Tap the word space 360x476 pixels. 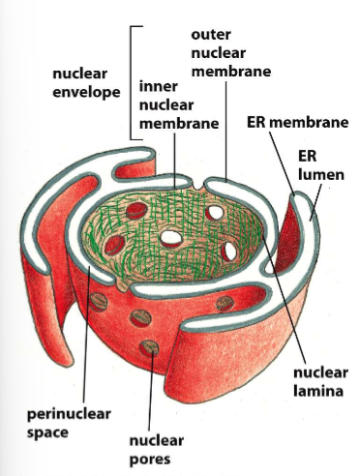point(42,431)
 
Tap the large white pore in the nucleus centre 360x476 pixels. point(172,237)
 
